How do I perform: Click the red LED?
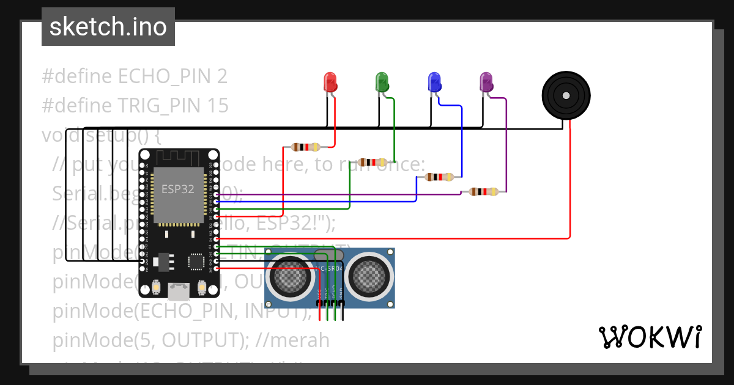point(330,82)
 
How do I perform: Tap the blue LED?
point(434,82)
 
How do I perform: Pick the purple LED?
point(486,82)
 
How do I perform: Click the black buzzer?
point(566,96)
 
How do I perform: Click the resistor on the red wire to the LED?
point(305,147)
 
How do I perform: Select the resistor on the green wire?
point(373,162)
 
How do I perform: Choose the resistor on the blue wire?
point(439,177)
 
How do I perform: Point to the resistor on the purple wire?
point(483,192)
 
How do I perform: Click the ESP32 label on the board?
point(177,189)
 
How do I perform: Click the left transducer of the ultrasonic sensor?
point(289,276)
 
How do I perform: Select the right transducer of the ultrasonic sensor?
point(368,276)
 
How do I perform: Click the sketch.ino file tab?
point(108,27)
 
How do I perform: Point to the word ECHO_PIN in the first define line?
point(165,76)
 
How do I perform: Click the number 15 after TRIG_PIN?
point(218,106)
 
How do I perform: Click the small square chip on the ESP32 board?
point(196,262)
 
